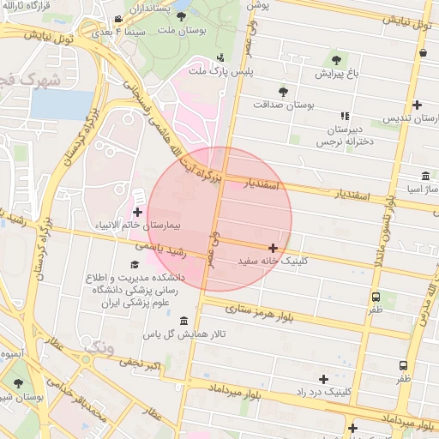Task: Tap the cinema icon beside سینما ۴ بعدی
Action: pos(117,19)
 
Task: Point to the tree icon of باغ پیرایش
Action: pos(334,59)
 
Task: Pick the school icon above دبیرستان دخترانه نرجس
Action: pos(345,116)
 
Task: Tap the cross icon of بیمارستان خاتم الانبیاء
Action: pos(137,211)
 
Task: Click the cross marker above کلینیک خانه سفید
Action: pos(273,248)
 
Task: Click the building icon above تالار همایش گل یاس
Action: pos(183,321)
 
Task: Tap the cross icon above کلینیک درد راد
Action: pos(323,378)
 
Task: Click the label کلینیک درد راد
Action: pos(323,391)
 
